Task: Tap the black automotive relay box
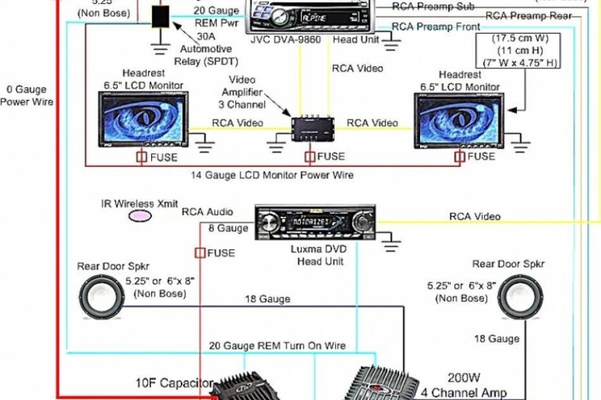(x=160, y=17)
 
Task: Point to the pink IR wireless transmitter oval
(x=140, y=216)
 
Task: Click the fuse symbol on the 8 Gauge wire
(x=200, y=253)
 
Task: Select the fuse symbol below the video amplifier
(x=310, y=157)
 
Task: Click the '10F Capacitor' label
(x=174, y=383)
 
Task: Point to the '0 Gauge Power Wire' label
(x=26, y=95)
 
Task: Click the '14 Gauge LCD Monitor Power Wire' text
(x=272, y=175)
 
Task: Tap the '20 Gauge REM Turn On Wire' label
(x=277, y=346)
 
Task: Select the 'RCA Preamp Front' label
(x=436, y=27)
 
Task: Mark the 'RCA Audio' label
(x=207, y=212)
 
